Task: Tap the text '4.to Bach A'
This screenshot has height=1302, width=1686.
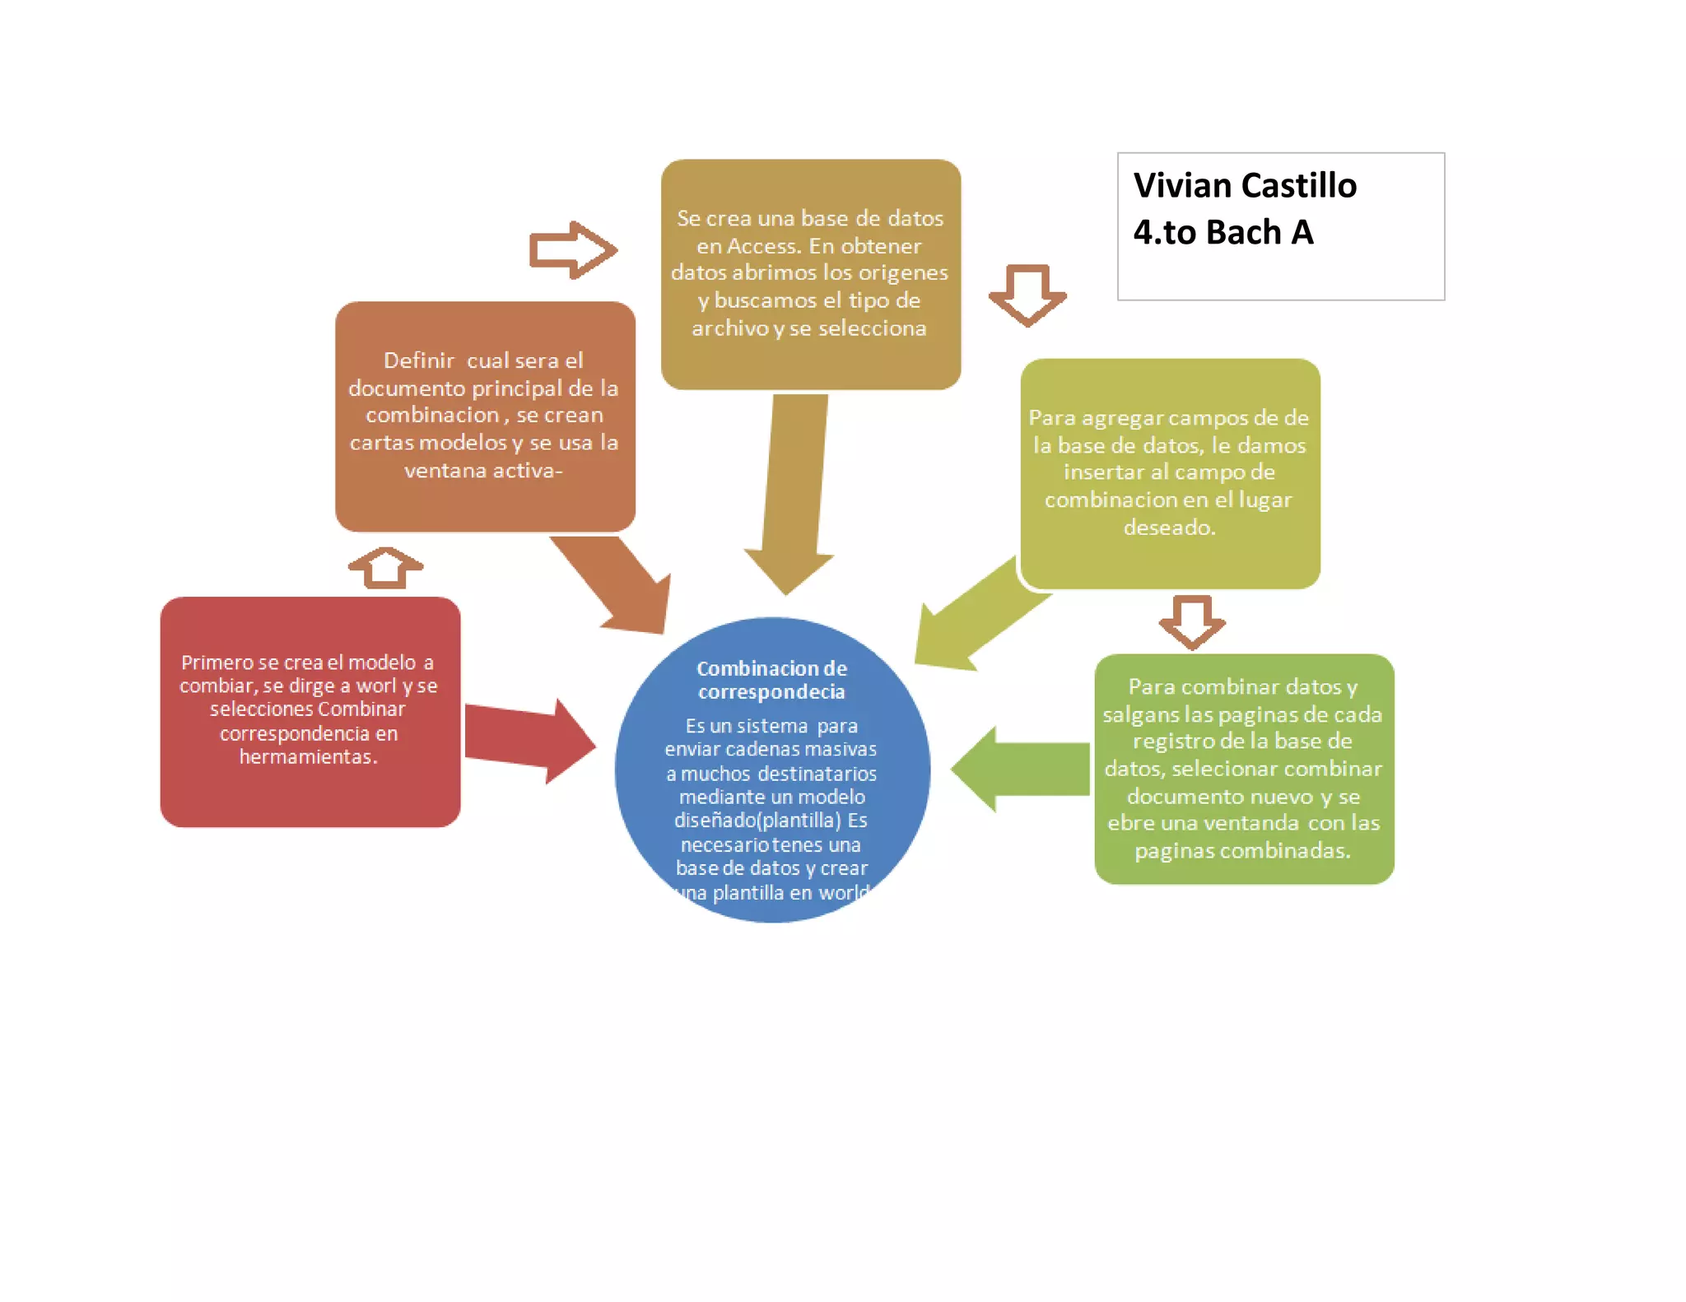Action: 1223,233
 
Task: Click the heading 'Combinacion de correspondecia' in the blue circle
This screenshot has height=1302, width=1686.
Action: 771,680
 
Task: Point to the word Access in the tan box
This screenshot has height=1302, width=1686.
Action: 761,246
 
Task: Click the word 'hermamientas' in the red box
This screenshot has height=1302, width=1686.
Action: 306,756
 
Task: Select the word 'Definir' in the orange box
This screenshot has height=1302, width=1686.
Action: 419,360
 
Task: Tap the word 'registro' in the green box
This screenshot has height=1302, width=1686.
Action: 1170,741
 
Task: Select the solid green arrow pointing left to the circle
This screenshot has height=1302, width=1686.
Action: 1021,769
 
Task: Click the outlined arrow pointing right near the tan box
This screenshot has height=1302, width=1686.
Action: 572,250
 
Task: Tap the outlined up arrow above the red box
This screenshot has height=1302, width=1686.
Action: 385,567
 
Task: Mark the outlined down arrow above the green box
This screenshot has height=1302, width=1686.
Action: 1192,621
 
